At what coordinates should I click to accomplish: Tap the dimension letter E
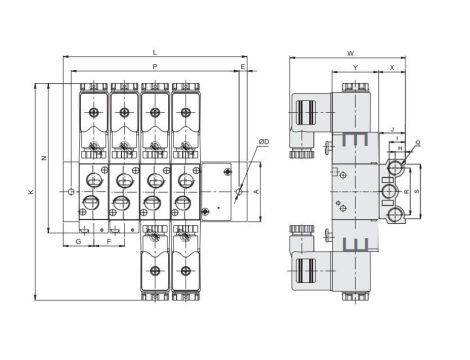coord(243,67)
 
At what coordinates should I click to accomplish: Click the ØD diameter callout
coord(262,143)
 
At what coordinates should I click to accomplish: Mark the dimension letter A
coord(258,189)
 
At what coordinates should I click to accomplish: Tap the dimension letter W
coord(350,52)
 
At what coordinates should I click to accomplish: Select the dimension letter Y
coord(355,67)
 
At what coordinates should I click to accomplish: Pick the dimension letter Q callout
coord(416,143)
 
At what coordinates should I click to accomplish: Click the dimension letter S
coord(415,189)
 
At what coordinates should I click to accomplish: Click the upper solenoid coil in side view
coord(304,120)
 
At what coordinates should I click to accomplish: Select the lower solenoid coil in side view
coord(304,266)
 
